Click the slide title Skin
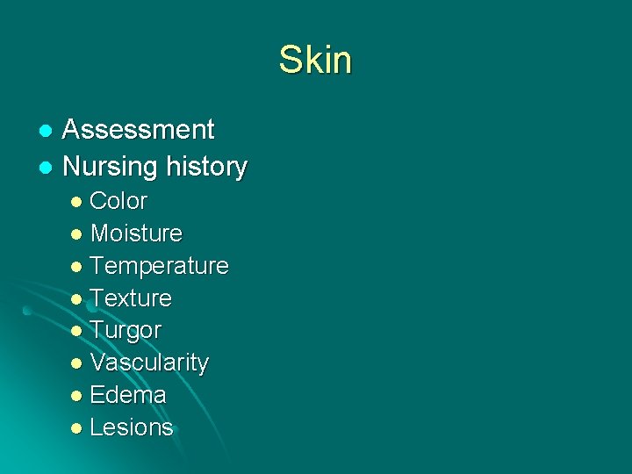315,61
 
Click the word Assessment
139,130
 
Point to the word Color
118,201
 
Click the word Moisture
136,233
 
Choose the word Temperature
159,265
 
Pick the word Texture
131,298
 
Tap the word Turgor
126,331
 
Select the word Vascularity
149,363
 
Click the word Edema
128,395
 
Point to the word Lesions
132,427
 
